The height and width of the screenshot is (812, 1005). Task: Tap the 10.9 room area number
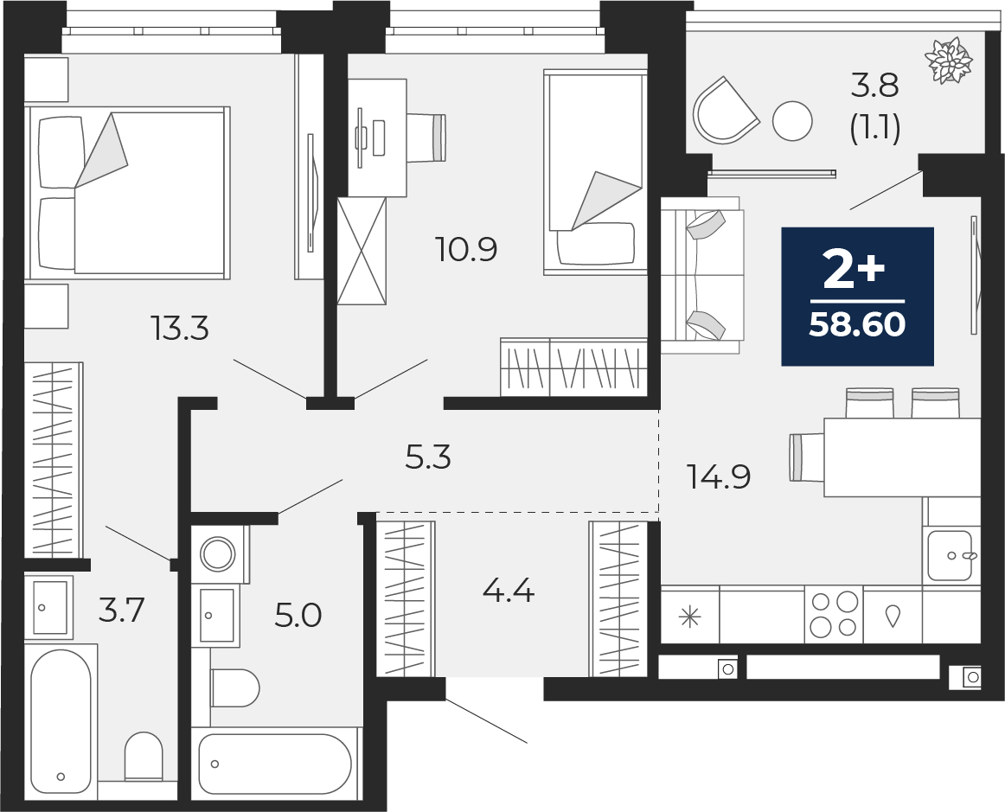[x=467, y=249]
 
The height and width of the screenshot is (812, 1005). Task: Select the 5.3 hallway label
[x=429, y=457]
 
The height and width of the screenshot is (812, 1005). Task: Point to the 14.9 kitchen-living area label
[x=719, y=476]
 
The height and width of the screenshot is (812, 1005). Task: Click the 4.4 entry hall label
[x=509, y=590]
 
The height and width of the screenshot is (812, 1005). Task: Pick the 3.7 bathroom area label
[x=122, y=610]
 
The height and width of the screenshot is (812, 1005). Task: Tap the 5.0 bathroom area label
[x=298, y=616]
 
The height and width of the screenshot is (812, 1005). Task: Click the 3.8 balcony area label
[x=875, y=86]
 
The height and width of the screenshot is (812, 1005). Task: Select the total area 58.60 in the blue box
[x=858, y=325]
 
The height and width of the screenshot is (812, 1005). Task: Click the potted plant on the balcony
[x=949, y=61]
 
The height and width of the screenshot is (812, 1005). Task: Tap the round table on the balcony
[x=792, y=120]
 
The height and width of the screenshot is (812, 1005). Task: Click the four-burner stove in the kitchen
[x=834, y=614]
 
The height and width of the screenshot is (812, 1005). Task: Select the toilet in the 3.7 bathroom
[x=143, y=757]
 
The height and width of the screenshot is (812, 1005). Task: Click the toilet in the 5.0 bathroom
[x=234, y=687]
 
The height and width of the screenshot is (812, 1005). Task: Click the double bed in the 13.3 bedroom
[x=127, y=193]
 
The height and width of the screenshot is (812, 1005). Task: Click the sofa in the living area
[x=701, y=276]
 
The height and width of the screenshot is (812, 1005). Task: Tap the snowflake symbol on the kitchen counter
[x=690, y=617]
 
